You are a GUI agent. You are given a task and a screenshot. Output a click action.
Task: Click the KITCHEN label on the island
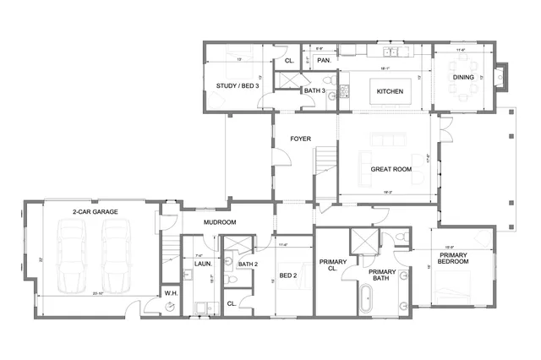click(x=389, y=91)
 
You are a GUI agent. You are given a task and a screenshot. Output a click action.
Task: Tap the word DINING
click(x=462, y=77)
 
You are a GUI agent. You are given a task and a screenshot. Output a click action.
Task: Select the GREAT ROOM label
click(x=390, y=169)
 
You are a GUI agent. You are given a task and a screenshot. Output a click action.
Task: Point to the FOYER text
click(x=301, y=139)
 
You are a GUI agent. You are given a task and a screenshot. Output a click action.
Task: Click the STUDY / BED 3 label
click(x=237, y=86)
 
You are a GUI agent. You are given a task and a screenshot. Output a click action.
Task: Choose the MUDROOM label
click(x=219, y=222)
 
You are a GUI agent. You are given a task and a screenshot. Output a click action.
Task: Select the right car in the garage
click(x=117, y=253)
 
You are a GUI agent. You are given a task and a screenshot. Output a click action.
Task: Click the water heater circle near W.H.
click(x=171, y=307)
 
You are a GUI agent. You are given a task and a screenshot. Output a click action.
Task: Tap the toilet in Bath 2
click(x=230, y=281)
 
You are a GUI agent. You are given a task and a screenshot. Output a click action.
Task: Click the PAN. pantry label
click(x=322, y=61)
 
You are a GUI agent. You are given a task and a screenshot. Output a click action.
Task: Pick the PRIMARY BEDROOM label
click(x=453, y=258)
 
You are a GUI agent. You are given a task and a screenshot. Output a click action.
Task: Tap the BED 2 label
click(x=287, y=276)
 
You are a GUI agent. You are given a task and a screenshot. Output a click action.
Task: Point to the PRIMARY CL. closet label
click(x=333, y=265)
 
